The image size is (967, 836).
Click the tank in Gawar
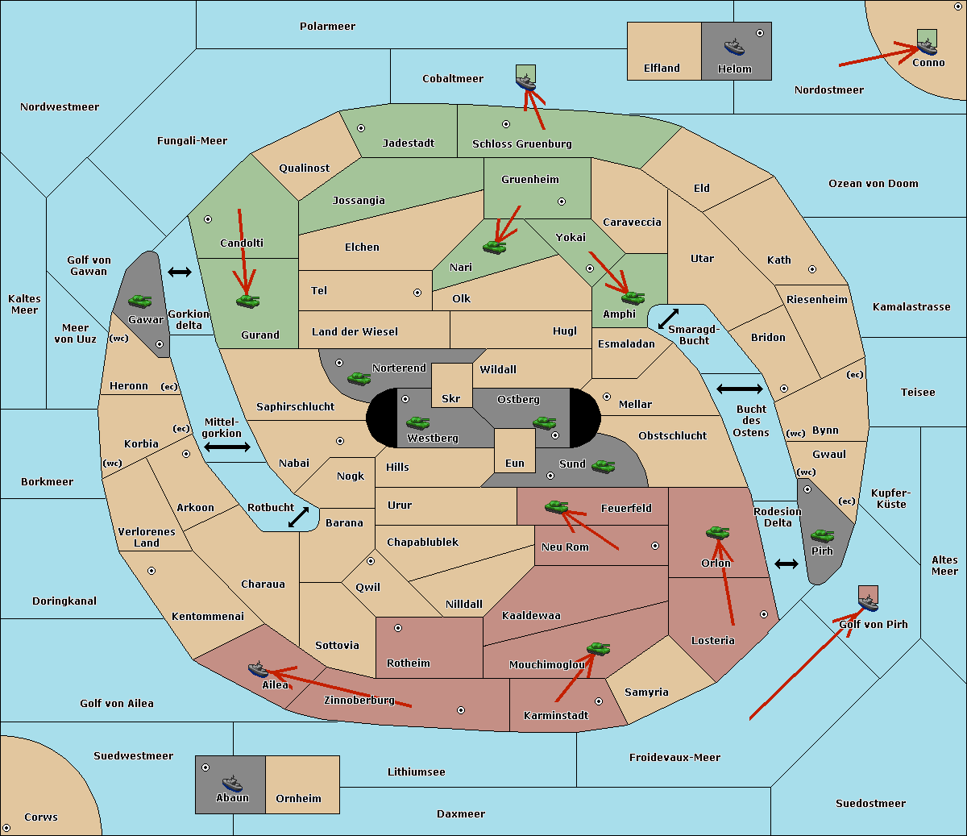tap(140, 301)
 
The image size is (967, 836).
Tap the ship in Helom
tap(734, 47)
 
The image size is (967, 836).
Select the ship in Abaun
tap(232, 784)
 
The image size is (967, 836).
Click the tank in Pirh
tap(822, 536)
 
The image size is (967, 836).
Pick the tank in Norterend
tap(359, 379)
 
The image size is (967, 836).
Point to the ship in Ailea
tap(258, 669)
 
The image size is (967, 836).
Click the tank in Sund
tap(603, 467)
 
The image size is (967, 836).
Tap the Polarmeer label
tap(327, 27)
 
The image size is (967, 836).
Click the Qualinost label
tap(304, 168)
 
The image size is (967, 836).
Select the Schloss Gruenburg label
tap(522, 143)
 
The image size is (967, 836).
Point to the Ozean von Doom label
tap(874, 184)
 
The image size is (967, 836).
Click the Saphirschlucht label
tap(295, 407)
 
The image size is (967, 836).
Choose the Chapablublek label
tap(422, 542)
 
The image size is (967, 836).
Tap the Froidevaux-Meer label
tap(674, 757)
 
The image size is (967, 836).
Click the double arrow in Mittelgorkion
tap(227, 447)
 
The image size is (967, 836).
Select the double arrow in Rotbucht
tap(299, 517)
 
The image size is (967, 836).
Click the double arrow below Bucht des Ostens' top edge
tap(740, 389)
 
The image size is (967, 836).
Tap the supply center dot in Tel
tap(417, 293)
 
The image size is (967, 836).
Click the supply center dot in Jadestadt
tap(361, 128)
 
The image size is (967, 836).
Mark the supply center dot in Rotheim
tap(398, 628)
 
